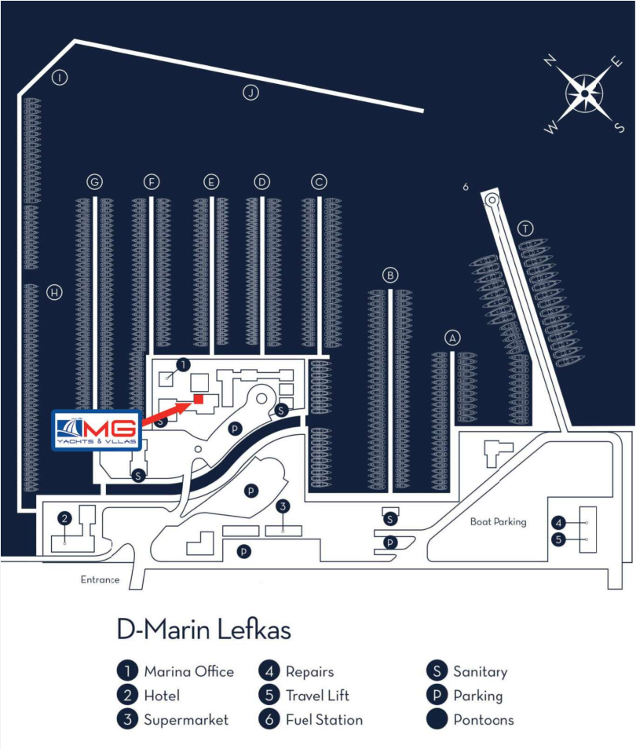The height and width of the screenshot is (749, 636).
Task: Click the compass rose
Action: [x=585, y=94]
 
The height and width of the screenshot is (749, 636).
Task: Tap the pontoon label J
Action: [x=250, y=93]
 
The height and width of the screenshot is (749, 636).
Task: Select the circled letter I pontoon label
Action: [x=59, y=77]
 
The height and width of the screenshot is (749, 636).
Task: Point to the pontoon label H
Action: [x=54, y=292]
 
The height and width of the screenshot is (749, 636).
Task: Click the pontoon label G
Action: [x=95, y=182]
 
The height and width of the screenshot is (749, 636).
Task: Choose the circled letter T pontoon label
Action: [x=526, y=228]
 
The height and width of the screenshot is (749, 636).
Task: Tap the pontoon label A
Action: [x=451, y=338]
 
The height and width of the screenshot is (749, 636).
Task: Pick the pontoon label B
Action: [x=390, y=275]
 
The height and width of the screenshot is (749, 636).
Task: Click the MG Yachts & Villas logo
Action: [x=96, y=430]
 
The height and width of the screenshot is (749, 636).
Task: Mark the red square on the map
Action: [x=199, y=400]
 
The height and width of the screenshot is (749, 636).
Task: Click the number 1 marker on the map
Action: [x=183, y=364]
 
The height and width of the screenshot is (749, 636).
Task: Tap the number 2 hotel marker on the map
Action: [x=65, y=517]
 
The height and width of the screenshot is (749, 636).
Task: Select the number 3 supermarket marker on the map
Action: [x=283, y=506]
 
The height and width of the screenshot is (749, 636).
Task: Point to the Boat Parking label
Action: [x=498, y=521]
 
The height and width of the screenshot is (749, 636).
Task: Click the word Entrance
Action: [x=100, y=580]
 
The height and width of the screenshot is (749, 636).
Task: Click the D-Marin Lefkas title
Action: [x=203, y=630]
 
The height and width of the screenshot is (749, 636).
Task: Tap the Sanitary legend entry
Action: [x=470, y=671]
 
